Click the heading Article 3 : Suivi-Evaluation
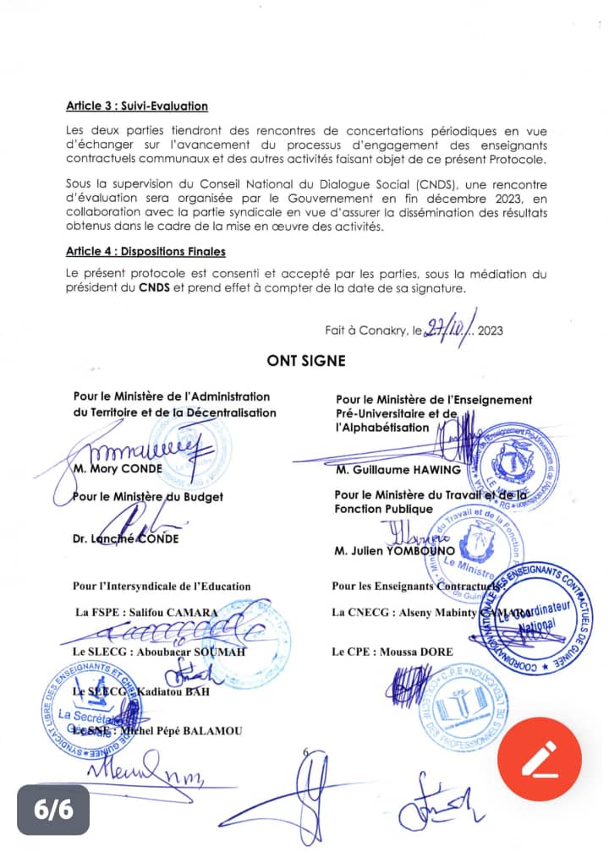(136, 106)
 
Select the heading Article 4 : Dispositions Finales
(145, 252)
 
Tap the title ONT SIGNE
(305, 361)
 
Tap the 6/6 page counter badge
(53, 808)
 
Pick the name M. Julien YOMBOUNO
(396, 551)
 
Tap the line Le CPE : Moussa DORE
(392, 652)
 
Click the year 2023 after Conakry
(490, 330)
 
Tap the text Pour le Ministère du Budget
(148, 497)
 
